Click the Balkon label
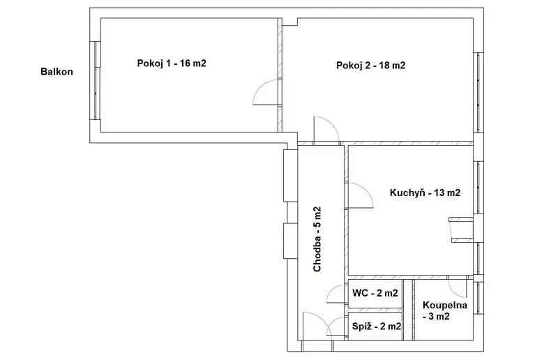[56, 72]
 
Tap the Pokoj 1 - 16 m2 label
[172, 63]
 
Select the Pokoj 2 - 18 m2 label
[371, 66]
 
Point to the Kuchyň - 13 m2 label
[425, 193]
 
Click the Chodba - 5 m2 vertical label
[317, 239]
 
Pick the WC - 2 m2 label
[375, 293]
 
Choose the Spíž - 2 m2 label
[377, 327]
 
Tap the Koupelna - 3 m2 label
[445, 310]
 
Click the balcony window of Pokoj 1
[96, 81]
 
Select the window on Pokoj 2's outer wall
[479, 93]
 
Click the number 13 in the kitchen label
[439, 193]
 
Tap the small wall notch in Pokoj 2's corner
[290, 22]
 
